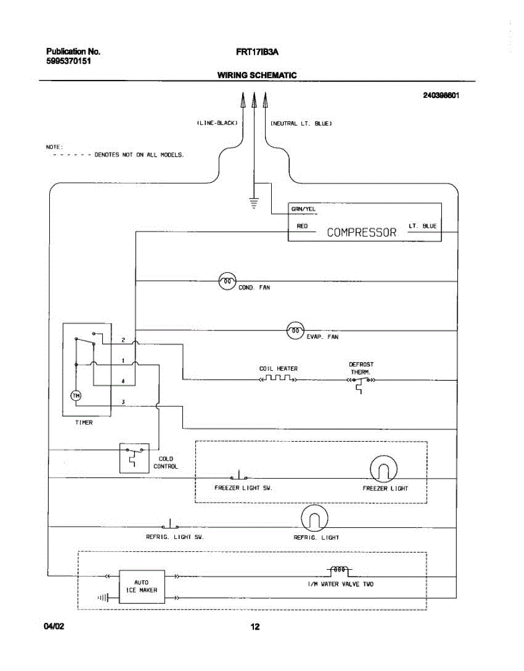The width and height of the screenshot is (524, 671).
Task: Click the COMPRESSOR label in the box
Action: tap(361, 232)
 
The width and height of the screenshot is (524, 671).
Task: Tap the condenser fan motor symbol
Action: tap(227, 281)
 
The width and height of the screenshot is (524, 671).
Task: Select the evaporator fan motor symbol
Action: tap(295, 330)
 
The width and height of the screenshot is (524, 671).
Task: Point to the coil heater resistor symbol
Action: tap(278, 378)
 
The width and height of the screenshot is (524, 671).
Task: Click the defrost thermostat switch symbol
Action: tap(361, 384)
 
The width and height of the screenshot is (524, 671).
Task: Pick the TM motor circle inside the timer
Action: tap(76, 395)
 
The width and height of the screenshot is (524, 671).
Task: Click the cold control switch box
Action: tap(134, 458)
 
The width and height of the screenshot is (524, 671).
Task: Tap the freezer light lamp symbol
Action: tap(384, 469)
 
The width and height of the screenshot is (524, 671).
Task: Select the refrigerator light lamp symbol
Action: tap(314, 518)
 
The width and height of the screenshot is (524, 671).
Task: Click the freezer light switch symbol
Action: tap(239, 475)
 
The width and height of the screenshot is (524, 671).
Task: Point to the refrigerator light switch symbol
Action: tap(170, 524)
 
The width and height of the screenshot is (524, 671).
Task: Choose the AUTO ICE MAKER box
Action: tap(142, 587)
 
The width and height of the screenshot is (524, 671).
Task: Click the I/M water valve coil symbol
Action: tap(339, 571)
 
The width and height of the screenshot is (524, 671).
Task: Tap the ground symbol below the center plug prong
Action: tap(254, 203)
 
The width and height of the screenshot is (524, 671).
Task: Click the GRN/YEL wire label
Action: tap(304, 209)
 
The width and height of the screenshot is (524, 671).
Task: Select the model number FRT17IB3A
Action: tap(257, 52)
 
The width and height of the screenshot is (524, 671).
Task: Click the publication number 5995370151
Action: tap(69, 61)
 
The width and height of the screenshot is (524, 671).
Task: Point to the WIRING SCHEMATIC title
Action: tap(257, 75)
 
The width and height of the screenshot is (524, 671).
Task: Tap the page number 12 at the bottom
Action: tap(255, 626)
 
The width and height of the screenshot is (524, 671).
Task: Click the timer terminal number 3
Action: tap(123, 402)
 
